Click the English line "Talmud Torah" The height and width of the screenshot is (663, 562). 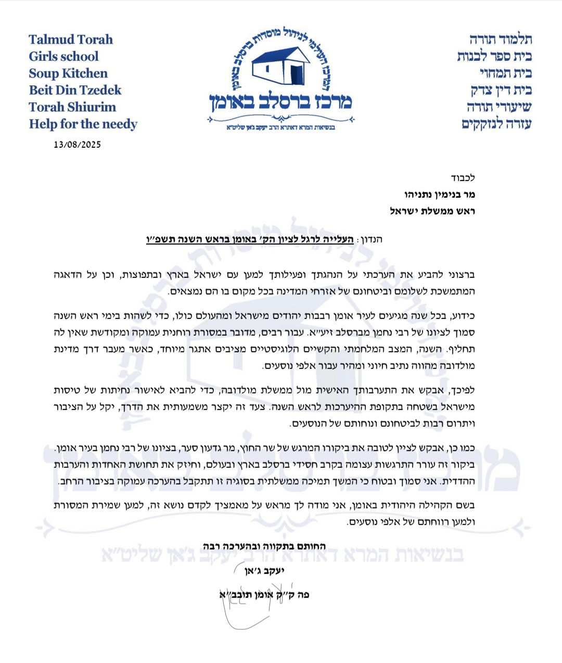coord(71,40)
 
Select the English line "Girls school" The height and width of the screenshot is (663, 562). coord(63,57)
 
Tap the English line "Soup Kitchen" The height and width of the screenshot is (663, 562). coord(68,73)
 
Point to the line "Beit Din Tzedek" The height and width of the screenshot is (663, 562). coord(75,90)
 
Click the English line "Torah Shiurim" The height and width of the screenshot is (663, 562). coord(72,107)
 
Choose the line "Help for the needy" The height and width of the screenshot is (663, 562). coord(83,124)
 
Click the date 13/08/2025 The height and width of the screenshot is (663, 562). coord(77,145)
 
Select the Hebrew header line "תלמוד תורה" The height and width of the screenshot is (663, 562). coord(501,40)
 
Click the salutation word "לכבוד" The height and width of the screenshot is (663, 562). coord(463,178)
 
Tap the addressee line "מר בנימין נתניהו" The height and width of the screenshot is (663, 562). coord(440,195)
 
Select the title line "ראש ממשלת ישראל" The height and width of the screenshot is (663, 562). coord(432,211)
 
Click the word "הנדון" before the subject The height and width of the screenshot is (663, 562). coord(371,240)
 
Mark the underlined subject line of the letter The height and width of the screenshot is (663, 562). coord(250,240)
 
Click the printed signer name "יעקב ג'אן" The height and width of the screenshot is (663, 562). coord(264,570)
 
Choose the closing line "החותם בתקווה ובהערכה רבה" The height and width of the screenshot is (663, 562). coord(264,546)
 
